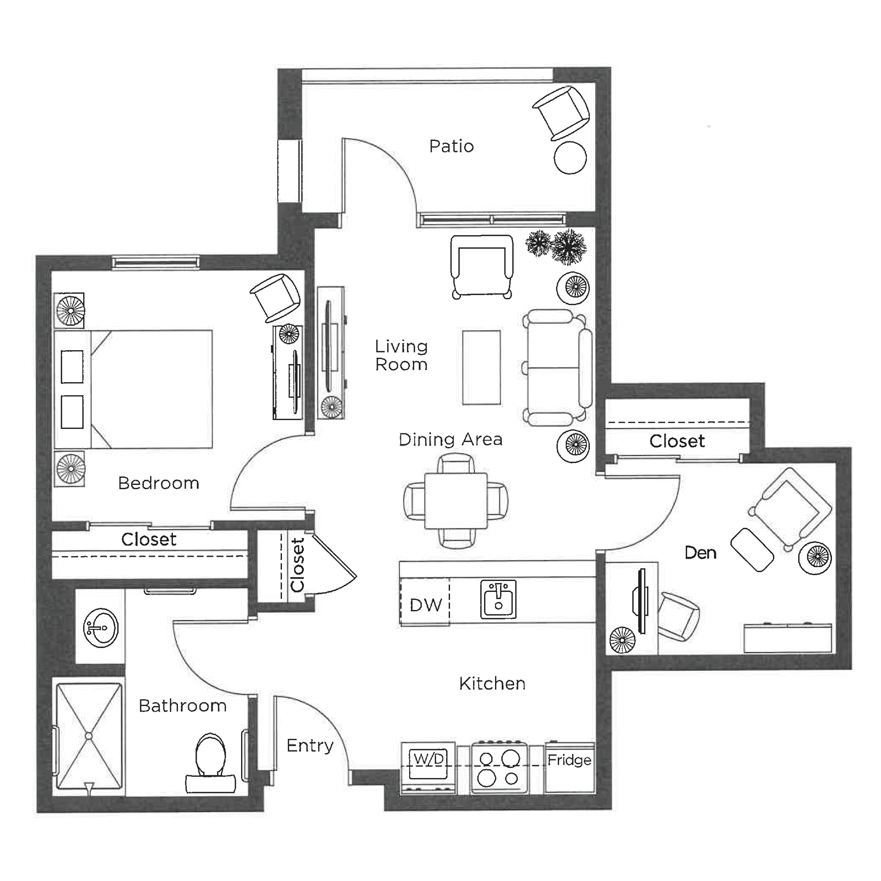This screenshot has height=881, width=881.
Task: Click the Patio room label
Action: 452,146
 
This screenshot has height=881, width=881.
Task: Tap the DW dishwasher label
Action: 426,605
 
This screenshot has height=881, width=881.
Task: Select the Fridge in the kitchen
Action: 569,768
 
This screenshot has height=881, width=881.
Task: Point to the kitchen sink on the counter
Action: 498,599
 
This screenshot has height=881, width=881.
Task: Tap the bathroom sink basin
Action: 101,628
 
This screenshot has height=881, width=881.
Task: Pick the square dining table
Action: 456,501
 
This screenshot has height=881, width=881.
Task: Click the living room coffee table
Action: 481,367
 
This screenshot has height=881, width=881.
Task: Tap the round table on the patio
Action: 570,157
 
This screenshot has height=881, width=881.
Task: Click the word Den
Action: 700,553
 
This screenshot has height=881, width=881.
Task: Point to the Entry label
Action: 310,746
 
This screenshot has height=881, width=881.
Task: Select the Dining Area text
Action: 450,439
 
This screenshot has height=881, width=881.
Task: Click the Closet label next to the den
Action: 677,441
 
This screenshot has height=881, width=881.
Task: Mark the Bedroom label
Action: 159,483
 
